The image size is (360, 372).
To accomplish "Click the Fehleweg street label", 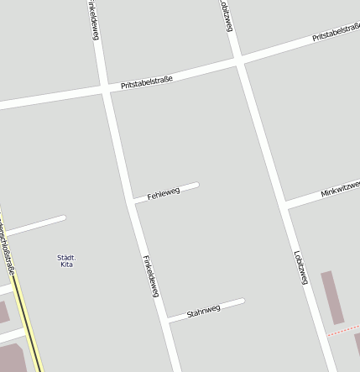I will tap(164, 193).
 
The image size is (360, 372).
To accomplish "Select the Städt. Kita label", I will tap(67, 260).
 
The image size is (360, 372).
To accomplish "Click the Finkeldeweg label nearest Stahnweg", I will tap(151, 275).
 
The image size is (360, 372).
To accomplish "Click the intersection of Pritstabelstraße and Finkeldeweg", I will tap(106, 87).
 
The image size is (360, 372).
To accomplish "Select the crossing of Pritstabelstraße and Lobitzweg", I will tap(239, 60).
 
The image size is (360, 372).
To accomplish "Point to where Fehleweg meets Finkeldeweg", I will tap(133, 201).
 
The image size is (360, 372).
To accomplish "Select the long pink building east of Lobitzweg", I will tap(332, 296).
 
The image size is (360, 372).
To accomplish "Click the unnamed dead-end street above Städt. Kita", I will tap(38, 224).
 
